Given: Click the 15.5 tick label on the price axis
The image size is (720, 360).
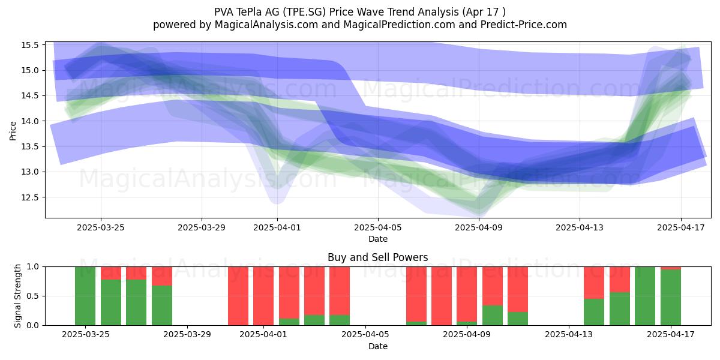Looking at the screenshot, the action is pyautogui.click(x=30, y=45).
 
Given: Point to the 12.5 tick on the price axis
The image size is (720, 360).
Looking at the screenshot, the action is pyautogui.click(x=30, y=197).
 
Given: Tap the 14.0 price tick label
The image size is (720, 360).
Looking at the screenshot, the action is pyautogui.click(x=30, y=121).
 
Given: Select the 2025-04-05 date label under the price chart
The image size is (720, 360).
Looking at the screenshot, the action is pyautogui.click(x=378, y=227).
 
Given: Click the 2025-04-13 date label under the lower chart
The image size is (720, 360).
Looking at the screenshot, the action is pyautogui.click(x=569, y=334).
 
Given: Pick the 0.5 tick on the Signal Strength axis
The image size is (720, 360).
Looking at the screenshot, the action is pyautogui.click(x=33, y=296).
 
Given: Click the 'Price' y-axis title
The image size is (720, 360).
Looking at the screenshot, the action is pyautogui.click(x=13, y=131).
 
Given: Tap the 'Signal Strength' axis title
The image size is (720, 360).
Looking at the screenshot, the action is pyautogui.click(x=17, y=296).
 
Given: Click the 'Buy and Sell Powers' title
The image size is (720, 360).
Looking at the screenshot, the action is pyautogui.click(x=377, y=257).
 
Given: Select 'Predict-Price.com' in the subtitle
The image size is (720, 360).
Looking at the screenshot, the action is pyautogui.click(x=524, y=25).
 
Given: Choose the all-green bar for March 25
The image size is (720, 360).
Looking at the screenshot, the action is pyautogui.click(x=85, y=296).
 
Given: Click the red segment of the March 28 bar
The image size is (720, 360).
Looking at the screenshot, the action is pyautogui.click(x=162, y=276).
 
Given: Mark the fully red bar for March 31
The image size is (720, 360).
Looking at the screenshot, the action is pyautogui.click(x=238, y=296).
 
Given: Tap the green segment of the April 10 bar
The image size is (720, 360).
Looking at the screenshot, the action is pyautogui.click(x=493, y=316).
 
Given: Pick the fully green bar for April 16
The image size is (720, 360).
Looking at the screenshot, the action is pyautogui.click(x=645, y=296).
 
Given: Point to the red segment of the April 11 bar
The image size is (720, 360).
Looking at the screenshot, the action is pyautogui.click(x=518, y=289).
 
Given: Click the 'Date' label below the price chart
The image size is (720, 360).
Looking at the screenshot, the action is pyautogui.click(x=378, y=239).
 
